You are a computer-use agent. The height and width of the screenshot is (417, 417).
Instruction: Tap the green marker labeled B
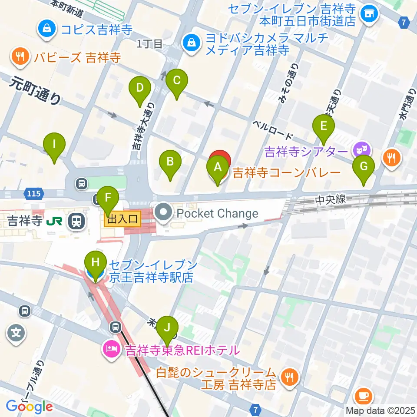[x=170, y=162]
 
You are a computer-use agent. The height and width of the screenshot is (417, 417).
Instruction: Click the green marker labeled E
[x=323, y=126]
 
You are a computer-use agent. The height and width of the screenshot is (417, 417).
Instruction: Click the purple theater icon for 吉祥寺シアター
[x=362, y=151]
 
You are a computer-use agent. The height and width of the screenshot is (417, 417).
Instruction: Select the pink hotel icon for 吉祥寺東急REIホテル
[x=112, y=350]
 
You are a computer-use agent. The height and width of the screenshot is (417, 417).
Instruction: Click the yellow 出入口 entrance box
[x=122, y=219]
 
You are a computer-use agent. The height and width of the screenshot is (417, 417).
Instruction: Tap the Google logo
[x=30, y=406]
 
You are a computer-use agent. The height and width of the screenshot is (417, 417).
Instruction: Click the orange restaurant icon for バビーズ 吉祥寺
[x=20, y=57]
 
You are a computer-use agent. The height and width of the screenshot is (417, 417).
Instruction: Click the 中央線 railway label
[x=331, y=199]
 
